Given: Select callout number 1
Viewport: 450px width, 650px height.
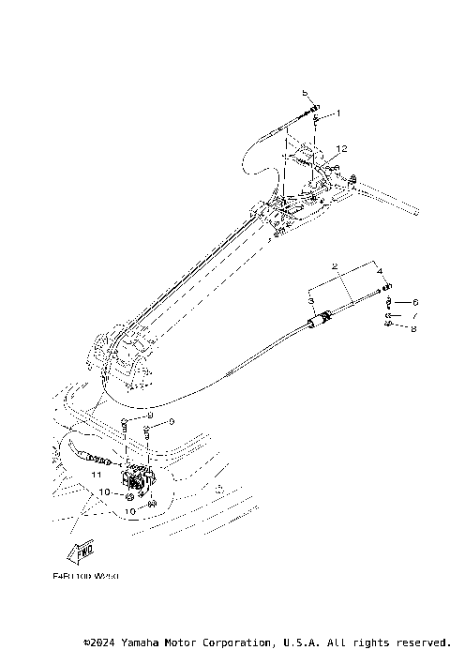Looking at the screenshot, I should (x=337, y=113).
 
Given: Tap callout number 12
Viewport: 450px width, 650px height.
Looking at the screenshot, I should (x=343, y=148).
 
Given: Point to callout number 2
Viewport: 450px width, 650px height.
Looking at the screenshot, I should (x=334, y=266).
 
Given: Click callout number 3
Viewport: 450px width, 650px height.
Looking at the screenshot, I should (x=310, y=298).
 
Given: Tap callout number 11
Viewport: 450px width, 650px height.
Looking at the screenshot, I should (x=95, y=476).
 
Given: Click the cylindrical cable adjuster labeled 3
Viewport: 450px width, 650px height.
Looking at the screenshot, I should (x=319, y=322).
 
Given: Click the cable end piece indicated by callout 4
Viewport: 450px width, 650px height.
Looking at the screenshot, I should (x=387, y=287).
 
